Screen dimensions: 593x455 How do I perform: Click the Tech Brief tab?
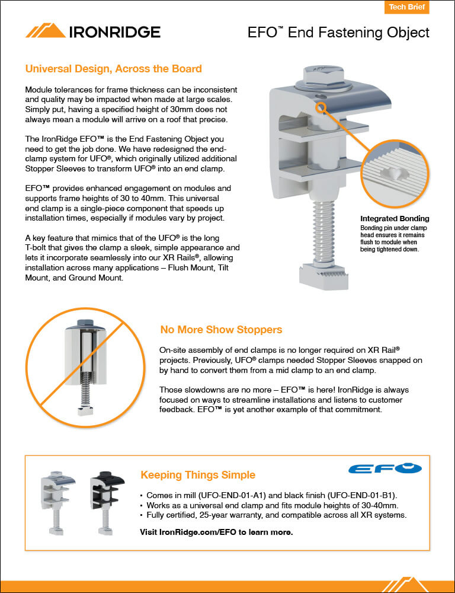[x=406, y=8]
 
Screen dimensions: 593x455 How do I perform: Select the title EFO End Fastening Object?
[x=338, y=32]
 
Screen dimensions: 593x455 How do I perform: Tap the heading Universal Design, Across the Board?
[x=113, y=69]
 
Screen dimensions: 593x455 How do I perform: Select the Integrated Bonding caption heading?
[x=395, y=219]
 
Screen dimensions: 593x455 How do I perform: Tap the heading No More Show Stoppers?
[x=221, y=329]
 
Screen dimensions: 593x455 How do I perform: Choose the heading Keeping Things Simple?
[x=198, y=475]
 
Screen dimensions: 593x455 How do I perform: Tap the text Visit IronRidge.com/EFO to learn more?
[x=216, y=532]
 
